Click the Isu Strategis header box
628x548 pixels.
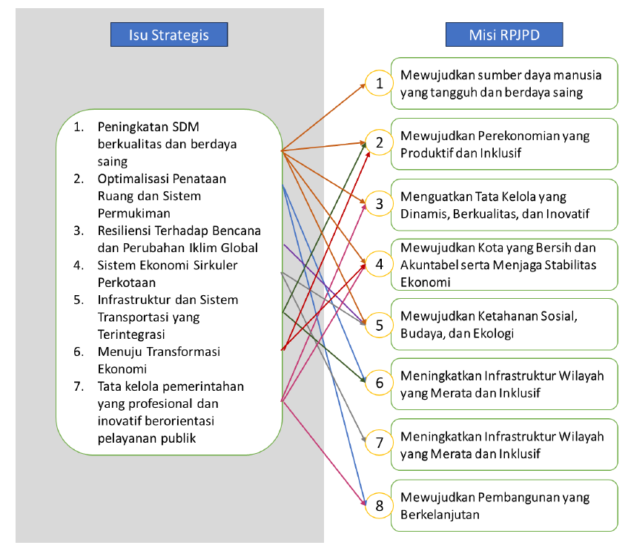point(168,34)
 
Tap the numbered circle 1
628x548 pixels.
point(379,83)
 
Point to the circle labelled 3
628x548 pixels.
point(379,203)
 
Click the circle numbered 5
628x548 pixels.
point(379,324)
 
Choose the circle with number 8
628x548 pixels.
point(379,506)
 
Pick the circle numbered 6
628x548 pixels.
point(379,383)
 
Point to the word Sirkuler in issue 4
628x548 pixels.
point(215,265)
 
